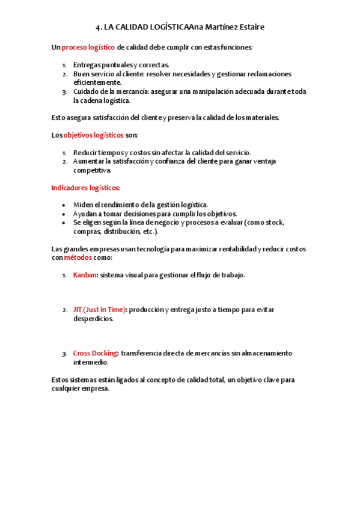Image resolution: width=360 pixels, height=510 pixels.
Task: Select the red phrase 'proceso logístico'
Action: (x=88, y=47)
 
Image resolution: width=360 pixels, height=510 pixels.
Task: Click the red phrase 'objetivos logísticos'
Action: (x=94, y=135)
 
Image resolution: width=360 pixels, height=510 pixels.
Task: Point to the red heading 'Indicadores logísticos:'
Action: (x=86, y=188)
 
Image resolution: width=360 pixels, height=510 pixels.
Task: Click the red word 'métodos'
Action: (x=78, y=257)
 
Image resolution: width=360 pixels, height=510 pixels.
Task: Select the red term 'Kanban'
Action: (x=85, y=275)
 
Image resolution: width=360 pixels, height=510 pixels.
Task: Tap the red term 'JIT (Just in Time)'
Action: (x=100, y=310)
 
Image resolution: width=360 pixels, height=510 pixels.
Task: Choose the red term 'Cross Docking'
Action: (x=95, y=353)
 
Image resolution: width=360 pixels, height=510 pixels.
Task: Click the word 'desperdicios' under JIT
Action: (x=93, y=319)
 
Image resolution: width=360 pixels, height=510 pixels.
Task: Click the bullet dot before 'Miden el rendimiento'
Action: (x=64, y=205)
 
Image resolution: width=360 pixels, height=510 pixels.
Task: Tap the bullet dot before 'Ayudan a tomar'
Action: (x=64, y=214)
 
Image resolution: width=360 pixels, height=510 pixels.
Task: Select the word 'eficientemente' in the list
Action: (x=97, y=82)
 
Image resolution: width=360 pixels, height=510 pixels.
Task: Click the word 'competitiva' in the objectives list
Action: (x=92, y=170)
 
